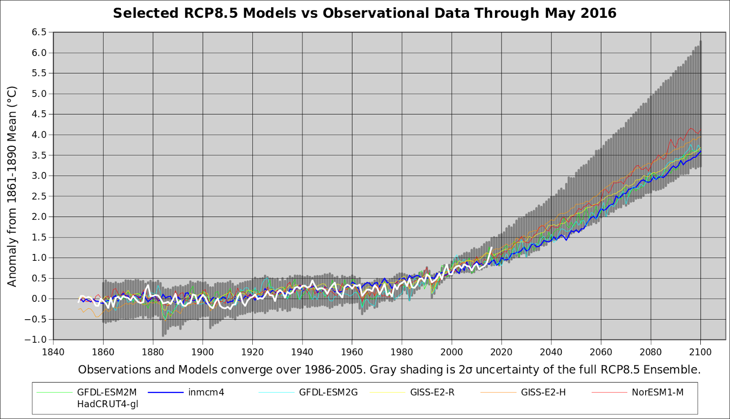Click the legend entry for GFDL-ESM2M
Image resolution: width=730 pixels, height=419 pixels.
(106, 392)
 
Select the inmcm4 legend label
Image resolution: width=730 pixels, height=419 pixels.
(206, 392)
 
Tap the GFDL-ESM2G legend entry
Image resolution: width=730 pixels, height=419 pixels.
(328, 392)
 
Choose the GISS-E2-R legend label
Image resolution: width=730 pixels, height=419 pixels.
(432, 392)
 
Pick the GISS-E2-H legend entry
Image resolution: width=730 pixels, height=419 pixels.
(543, 392)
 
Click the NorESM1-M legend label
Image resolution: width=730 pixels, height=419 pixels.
(657, 392)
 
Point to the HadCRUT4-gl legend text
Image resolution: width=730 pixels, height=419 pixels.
(107, 404)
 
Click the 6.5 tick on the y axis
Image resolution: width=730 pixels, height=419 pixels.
(39, 32)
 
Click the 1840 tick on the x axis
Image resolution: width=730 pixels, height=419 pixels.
(53, 352)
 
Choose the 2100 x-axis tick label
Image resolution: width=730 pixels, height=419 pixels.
(700, 352)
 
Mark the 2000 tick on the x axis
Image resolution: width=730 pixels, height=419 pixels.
(452, 352)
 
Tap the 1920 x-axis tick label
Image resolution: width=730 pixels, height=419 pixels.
(252, 352)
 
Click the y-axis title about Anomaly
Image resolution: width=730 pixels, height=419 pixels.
(12, 186)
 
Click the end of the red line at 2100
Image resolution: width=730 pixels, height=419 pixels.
(700, 130)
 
